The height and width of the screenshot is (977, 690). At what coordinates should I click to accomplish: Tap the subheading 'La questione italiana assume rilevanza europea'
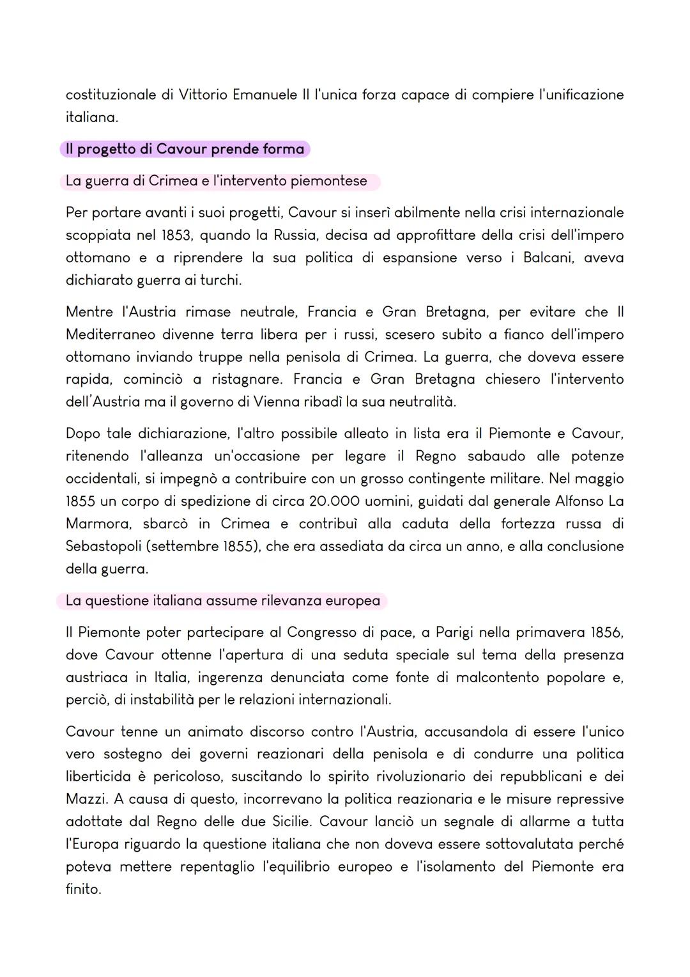[x=222, y=601]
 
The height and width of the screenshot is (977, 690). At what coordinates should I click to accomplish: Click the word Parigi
[x=454, y=632]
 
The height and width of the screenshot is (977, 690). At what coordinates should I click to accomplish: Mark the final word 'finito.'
[x=83, y=889]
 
